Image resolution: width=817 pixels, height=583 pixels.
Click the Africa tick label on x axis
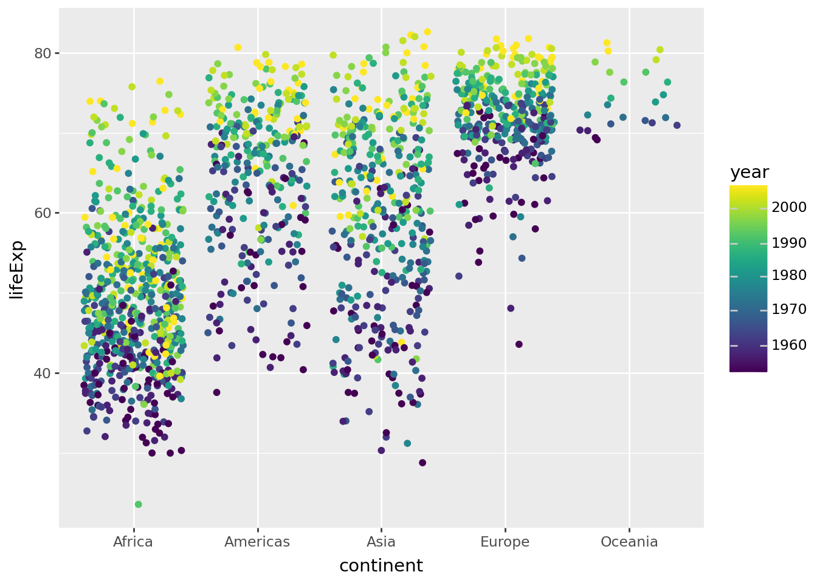pyautogui.click(x=133, y=542)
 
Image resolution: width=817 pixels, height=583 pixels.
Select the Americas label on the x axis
pyautogui.click(x=257, y=542)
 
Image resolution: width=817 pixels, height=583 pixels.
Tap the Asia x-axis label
pyautogui.click(x=381, y=542)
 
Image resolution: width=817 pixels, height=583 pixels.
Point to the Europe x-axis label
pyautogui.click(x=505, y=542)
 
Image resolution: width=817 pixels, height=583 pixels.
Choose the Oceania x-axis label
pyautogui.click(x=629, y=542)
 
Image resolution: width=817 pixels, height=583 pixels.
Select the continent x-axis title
pyautogui.click(x=381, y=566)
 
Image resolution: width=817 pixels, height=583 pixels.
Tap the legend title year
pyautogui.click(x=750, y=172)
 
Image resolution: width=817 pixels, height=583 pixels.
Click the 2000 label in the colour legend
pyautogui.click(x=789, y=207)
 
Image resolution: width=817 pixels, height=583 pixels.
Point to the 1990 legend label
pyautogui.click(x=789, y=243)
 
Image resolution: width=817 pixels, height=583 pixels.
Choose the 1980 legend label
pyautogui.click(x=789, y=276)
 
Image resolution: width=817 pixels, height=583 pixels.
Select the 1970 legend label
pyautogui.click(x=789, y=310)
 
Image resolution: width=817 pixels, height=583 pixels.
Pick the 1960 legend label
pyautogui.click(x=789, y=346)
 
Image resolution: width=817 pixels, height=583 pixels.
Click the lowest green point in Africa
pyautogui.click(x=139, y=505)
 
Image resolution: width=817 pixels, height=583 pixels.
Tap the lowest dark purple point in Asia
pyautogui.click(x=422, y=463)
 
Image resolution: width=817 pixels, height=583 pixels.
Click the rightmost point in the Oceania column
pyautogui.click(x=677, y=126)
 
